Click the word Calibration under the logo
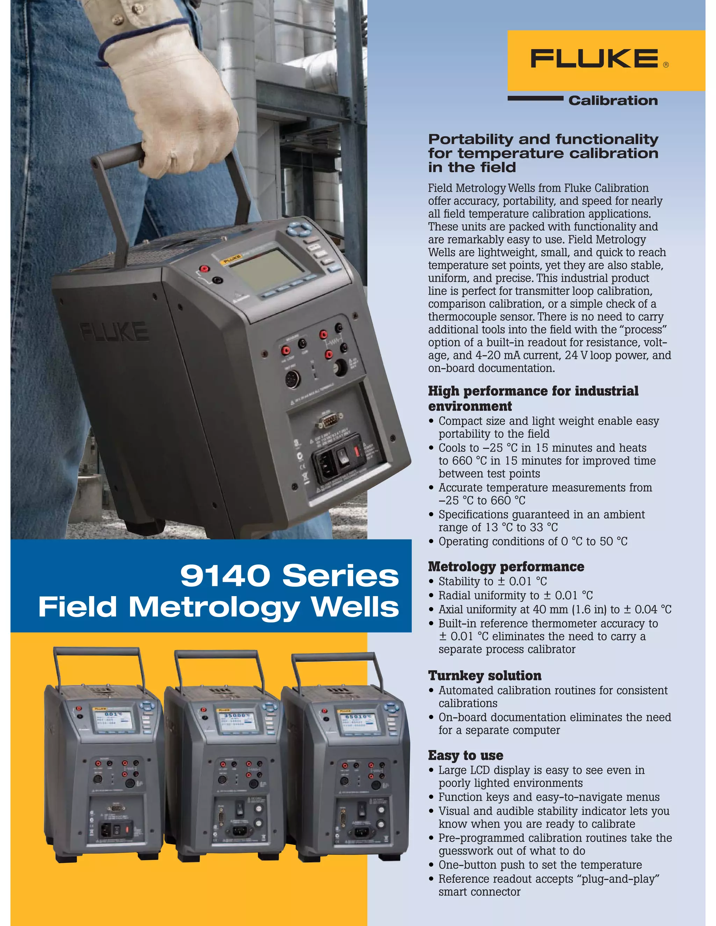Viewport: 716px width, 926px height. pyautogui.click(x=613, y=101)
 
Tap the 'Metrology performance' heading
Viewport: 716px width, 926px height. pyautogui.click(x=506, y=566)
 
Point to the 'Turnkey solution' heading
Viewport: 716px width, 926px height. pyautogui.click(x=485, y=675)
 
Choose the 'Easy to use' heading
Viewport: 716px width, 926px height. pyautogui.click(x=465, y=755)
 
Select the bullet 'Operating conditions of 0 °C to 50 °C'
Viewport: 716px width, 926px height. pyautogui.click(x=533, y=541)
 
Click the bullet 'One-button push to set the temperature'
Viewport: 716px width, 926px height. pyautogui.click(x=540, y=864)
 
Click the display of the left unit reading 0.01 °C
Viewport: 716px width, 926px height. pyautogui.click(x=113, y=720)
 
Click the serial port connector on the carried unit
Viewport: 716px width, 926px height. pyautogui.click(x=328, y=421)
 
